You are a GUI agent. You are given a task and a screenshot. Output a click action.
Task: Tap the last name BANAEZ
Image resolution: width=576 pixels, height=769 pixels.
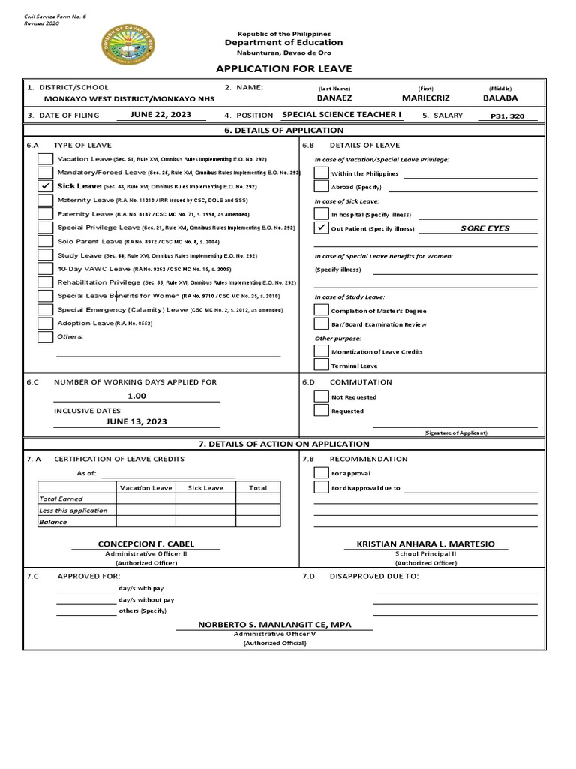pos(334,98)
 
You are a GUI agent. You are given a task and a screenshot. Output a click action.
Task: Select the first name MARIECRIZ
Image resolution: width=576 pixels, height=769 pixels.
pos(427,98)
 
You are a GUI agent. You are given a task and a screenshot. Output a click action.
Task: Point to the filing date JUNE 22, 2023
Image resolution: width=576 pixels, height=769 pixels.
pos(160,115)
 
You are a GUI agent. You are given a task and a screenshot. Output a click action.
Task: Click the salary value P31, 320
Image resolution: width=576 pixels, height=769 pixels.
pos(508,116)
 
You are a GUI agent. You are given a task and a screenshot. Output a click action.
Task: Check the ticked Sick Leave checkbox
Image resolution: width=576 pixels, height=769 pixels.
pos(46,186)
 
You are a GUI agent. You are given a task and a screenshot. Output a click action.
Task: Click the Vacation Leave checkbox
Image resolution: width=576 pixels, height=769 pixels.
pos(46,159)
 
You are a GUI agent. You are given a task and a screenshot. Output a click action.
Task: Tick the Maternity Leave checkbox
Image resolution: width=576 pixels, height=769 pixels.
pos(46,200)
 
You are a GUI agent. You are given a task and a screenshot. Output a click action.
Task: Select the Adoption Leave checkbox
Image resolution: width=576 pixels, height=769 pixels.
pos(46,323)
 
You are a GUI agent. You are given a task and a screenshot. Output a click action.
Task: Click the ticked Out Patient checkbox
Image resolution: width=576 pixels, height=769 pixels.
pos(321,228)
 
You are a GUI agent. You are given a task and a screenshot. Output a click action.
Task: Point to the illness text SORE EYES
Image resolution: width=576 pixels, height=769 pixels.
pos(484,228)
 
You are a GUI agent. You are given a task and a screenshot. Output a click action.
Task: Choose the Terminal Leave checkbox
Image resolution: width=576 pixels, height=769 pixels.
pos(321,365)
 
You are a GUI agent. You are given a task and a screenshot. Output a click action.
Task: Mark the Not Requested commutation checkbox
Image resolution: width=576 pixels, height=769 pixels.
pos(321,397)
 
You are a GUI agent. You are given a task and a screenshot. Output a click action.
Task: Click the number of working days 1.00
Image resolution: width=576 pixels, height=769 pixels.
pos(136,396)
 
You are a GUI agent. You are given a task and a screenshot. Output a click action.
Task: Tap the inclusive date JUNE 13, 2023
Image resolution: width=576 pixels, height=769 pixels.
pos(136,422)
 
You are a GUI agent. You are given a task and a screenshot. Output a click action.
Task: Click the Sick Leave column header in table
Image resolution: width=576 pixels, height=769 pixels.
pos(205,487)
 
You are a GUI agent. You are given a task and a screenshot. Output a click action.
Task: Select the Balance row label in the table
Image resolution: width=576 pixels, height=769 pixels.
pos(53,522)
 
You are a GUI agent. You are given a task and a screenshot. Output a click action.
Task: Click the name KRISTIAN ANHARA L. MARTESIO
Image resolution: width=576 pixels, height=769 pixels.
pos(425,544)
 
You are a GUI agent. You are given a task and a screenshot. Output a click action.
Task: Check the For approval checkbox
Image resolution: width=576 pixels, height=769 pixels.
pos(321,473)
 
